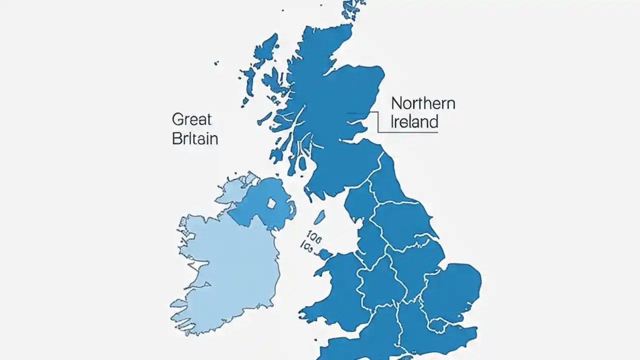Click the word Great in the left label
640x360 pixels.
click(x=191, y=119)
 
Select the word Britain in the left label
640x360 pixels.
click(x=194, y=138)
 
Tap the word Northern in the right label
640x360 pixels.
click(x=423, y=103)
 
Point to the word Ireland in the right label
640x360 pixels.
click(x=414, y=121)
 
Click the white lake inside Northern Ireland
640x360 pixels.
click(x=271, y=203)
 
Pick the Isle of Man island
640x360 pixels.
click(x=319, y=216)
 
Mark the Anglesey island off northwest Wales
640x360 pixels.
click(x=325, y=254)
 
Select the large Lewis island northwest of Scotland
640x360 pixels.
click(x=265, y=50)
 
